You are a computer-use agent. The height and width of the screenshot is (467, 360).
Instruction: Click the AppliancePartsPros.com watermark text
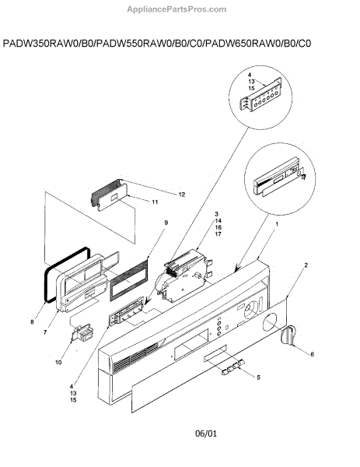(177, 9)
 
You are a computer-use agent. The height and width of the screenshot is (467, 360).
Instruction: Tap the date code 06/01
(206, 434)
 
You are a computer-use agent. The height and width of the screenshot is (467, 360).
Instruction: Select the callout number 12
(182, 195)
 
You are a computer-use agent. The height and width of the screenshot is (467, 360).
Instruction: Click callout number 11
(155, 202)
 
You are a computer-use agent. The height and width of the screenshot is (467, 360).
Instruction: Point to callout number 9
(166, 223)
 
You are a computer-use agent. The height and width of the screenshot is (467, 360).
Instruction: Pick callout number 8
(32, 321)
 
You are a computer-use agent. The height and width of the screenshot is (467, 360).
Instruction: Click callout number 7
(45, 332)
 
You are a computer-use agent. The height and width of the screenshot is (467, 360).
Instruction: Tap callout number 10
(58, 362)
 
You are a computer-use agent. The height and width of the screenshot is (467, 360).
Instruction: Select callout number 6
(312, 354)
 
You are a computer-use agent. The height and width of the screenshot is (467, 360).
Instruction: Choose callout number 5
(258, 377)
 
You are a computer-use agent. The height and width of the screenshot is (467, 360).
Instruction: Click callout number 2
(306, 265)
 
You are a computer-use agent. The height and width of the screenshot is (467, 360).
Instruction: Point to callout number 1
(277, 224)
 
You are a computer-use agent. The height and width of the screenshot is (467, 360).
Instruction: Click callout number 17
(218, 234)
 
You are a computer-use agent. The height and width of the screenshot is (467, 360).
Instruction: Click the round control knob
(288, 335)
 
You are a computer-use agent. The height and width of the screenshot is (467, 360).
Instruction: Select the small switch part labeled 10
(82, 332)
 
